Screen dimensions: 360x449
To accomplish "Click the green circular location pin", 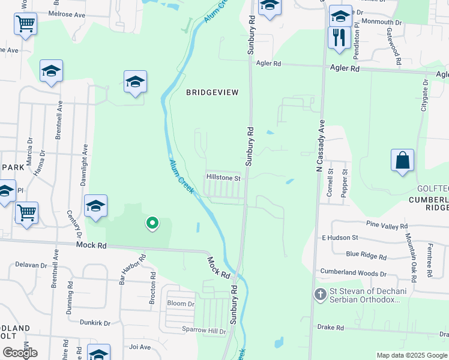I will (152, 223).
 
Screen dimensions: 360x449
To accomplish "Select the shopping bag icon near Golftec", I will (402, 160).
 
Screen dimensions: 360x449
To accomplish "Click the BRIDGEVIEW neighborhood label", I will (212, 92).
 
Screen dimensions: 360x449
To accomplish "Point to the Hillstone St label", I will (223, 178).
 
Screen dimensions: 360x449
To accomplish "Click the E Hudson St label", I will (340, 238).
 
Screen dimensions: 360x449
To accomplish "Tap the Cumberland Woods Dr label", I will (358, 273).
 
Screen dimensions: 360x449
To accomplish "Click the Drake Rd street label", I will (331, 328).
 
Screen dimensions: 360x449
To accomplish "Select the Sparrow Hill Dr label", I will (204, 331).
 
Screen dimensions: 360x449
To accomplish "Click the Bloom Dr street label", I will (181, 304).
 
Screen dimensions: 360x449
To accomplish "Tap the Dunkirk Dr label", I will (95, 323).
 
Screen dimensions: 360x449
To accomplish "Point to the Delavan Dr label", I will (31, 265).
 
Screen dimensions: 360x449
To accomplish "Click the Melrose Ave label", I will (67, 13).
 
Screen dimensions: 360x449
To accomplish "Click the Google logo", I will (20, 352).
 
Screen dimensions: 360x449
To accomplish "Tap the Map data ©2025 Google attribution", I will (412, 355).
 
